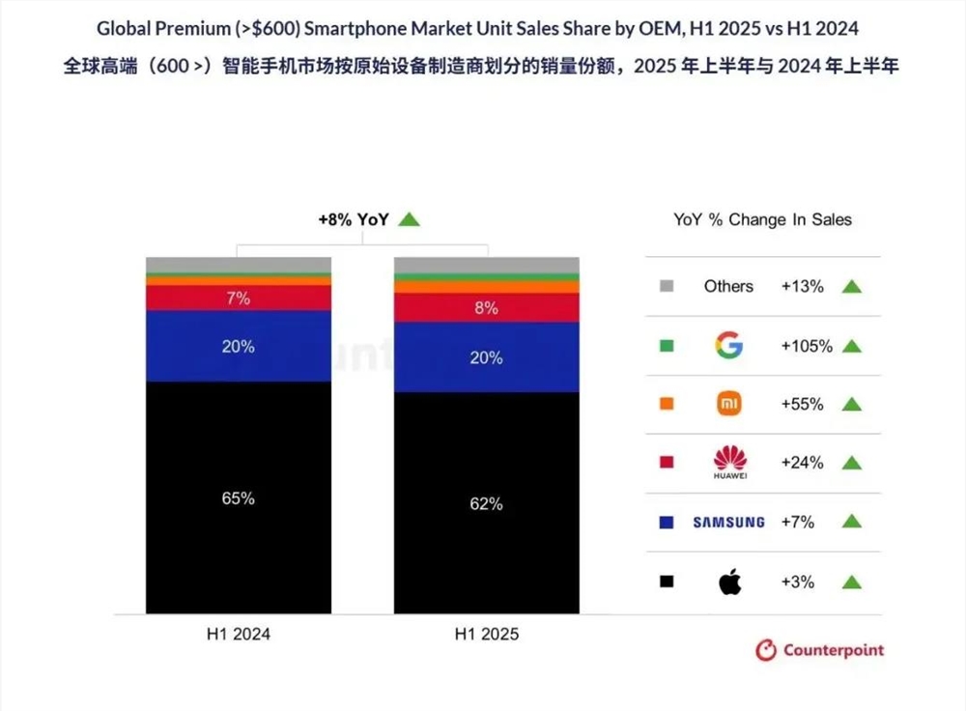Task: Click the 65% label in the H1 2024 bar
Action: click(238, 498)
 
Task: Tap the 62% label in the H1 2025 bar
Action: click(487, 503)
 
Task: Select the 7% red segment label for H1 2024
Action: click(238, 299)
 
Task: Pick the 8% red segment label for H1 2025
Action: click(487, 308)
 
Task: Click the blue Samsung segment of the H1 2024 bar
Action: click(238, 357)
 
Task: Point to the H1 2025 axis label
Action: click(487, 635)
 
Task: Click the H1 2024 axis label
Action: click(238, 635)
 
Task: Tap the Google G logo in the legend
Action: click(728, 345)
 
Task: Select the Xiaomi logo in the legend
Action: click(728, 404)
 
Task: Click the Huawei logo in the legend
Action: click(728, 463)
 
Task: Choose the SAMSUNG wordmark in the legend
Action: click(728, 523)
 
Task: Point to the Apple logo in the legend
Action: click(729, 582)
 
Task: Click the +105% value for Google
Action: click(807, 346)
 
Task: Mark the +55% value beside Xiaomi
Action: click(802, 405)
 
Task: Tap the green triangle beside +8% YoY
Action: click(410, 219)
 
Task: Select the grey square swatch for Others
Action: click(666, 286)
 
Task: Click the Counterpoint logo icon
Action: click(766, 650)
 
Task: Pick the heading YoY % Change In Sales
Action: click(762, 219)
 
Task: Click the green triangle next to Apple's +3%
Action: click(851, 583)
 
